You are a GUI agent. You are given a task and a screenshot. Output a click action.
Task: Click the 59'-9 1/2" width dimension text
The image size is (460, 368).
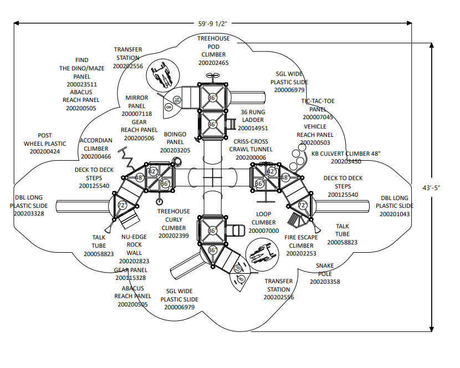point(213,24)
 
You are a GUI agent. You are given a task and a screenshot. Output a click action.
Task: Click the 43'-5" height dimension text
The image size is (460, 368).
point(431,188)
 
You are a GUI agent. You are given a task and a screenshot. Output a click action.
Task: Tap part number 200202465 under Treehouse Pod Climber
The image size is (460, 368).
point(213,63)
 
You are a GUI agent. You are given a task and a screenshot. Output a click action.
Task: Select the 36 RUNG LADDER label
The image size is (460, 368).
point(253,116)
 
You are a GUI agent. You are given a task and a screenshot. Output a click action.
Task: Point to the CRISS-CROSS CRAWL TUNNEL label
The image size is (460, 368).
point(251,145)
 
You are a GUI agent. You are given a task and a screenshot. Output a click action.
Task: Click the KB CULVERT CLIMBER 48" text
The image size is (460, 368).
point(346,154)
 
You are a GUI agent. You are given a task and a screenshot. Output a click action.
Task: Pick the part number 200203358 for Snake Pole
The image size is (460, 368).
point(325,282)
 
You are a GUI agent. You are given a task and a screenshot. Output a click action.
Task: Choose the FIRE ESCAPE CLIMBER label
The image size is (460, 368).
point(301,242)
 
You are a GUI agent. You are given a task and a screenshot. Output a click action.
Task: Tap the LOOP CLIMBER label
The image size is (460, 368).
point(263,218)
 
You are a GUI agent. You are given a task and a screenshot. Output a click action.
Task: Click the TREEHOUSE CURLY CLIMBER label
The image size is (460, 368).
point(173,219)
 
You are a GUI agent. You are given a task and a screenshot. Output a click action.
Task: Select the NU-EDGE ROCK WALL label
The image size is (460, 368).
point(134,245)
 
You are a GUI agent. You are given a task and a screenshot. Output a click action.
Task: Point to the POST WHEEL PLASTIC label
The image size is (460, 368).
point(45,140)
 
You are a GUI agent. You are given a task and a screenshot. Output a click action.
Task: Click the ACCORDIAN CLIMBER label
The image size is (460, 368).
point(96,145)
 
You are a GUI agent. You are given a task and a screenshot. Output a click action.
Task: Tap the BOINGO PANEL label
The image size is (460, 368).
point(175,138)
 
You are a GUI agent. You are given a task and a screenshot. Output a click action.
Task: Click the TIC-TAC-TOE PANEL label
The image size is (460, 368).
point(318,105)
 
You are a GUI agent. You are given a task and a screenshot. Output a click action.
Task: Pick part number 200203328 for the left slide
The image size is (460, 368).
point(29,213)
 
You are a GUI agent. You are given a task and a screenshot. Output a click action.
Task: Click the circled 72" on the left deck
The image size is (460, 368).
point(122,206)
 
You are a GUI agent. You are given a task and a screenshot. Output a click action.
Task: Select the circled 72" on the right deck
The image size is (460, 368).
point(303,206)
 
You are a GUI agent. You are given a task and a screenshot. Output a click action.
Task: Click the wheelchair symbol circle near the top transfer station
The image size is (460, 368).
point(162,75)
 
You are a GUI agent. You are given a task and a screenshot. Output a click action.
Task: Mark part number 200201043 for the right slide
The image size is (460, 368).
point(395,214)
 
